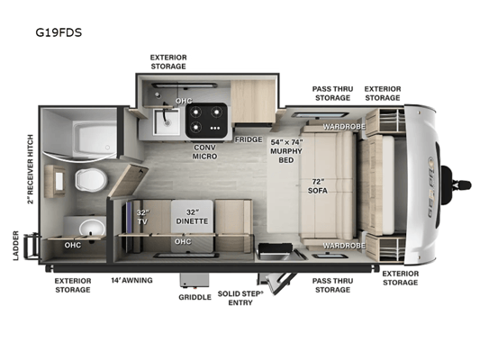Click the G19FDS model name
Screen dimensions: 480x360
coord(59,32)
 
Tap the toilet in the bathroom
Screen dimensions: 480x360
coord(91,179)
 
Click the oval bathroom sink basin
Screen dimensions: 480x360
coord(92,228)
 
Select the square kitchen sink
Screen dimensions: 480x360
coord(167,121)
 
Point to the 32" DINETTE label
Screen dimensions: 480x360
coord(192,217)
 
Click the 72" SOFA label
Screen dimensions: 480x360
coord(318,186)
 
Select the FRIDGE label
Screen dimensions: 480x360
coord(249,139)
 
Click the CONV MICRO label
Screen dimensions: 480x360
coord(204,152)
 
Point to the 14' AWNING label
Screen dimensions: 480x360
coord(131,280)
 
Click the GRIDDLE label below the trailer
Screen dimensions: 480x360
coord(195,297)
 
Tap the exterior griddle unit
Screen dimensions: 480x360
coord(195,281)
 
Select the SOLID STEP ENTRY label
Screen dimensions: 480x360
coord(240,298)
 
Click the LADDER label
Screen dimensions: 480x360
coord(16,246)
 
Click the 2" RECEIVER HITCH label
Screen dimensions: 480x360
coord(30,169)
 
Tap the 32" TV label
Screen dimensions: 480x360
coord(142,217)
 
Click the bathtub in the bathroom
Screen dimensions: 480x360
coord(95,139)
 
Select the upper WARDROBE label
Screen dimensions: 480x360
coord(344,126)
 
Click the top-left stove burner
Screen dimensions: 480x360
coord(195,112)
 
